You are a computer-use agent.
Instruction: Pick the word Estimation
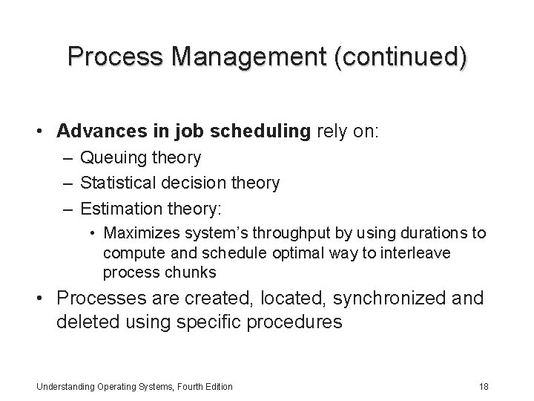tap(116, 206)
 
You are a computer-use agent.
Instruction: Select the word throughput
tap(275, 233)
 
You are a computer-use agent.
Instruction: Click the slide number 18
tap(483, 386)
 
